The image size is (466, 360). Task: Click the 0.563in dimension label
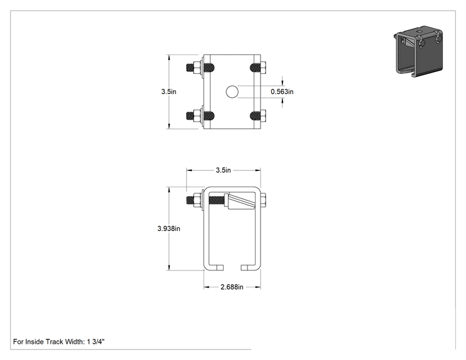coord(282,92)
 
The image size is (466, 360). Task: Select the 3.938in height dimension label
coord(168,229)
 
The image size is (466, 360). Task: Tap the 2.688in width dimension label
coord(232,287)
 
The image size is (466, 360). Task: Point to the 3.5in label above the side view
coord(223,170)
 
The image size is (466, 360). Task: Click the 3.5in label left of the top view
coord(168,91)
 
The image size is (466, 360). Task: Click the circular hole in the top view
coord(232,92)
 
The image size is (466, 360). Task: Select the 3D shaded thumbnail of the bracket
coord(419,51)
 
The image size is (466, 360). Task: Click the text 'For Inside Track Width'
coord(48,342)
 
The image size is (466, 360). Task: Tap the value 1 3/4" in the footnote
coord(96,342)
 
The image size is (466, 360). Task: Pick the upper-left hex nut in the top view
coord(197,68)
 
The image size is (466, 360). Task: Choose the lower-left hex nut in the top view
coord(197,116)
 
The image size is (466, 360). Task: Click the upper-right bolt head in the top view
coord(263,68)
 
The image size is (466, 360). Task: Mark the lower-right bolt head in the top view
coord(263,115)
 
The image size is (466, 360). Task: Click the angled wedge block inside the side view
coord(239,202)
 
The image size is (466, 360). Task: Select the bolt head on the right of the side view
coord(263,200)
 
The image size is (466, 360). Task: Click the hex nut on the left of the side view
coord(197,200)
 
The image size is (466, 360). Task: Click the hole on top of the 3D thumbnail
coord(419,31)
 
